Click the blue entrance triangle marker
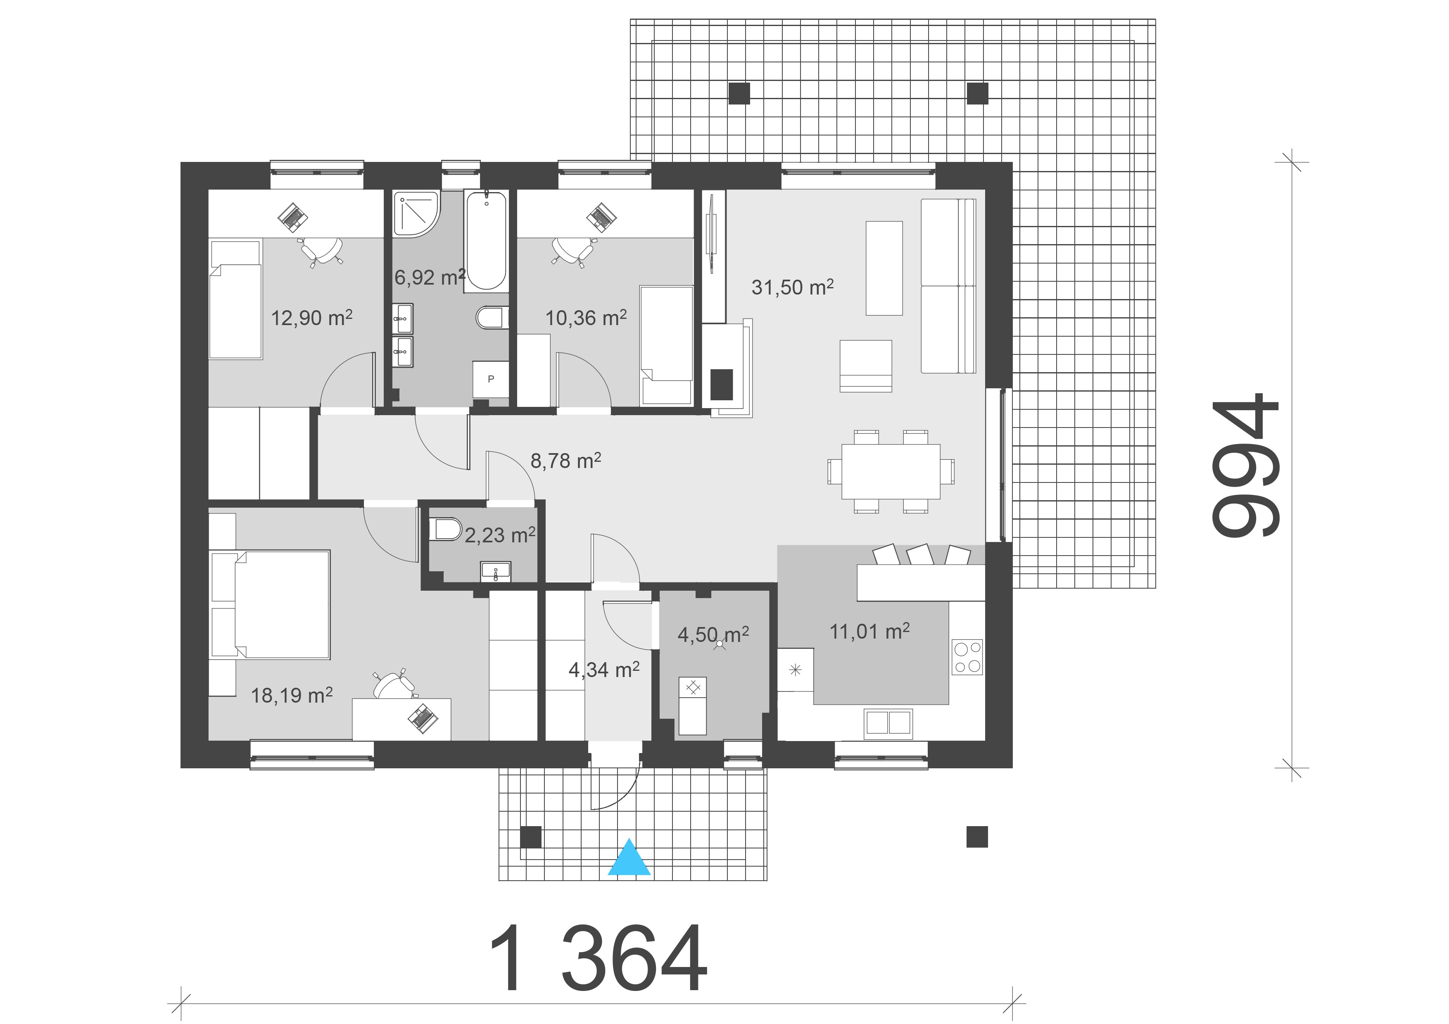point(629,858)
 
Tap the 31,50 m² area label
point(793,287)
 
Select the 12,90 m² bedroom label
point(312,317)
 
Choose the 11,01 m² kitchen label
point(869,631)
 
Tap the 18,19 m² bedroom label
point(292,695)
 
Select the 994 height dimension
point(1245,466)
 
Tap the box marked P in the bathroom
point(490,379)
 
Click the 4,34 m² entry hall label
point(604,670)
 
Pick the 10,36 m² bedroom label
point(586,317)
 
